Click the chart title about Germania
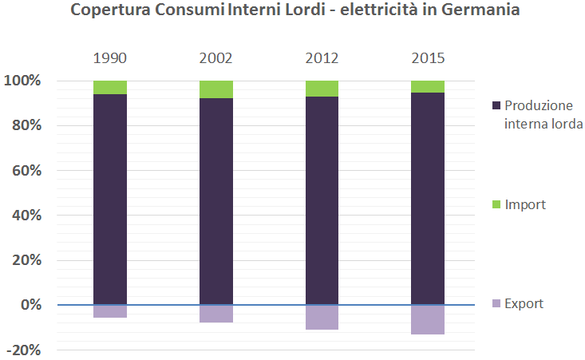point(293,11)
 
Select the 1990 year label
point(110,59)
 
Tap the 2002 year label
point(215,59)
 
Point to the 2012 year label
point(322,59)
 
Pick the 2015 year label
point(428,59)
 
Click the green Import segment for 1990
point(110,87)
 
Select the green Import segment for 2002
point(215,89)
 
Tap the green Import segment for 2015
point(428,86)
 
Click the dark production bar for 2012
point(322,200)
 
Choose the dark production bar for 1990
point(110,200)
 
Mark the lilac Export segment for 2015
point(428,319)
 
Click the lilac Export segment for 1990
point(110,311)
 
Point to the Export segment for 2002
point(215,314)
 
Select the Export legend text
point(524,303)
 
